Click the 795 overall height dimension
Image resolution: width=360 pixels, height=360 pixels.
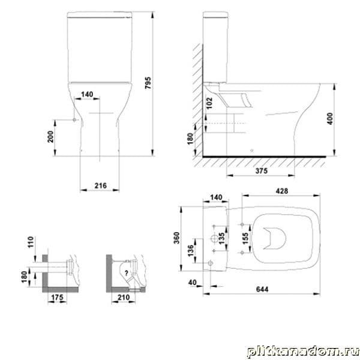148,83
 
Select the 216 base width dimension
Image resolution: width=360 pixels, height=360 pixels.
101,185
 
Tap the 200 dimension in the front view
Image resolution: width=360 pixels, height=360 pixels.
50,137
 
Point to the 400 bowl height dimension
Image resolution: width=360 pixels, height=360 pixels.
329,118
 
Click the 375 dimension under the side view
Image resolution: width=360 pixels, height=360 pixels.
262,170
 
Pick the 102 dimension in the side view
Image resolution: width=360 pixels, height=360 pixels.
209,103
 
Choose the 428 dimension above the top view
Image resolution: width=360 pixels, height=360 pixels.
281,191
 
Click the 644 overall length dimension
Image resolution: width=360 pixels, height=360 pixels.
262,289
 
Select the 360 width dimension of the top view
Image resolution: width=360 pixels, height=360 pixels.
176,238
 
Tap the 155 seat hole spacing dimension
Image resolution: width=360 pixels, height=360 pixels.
245,239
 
